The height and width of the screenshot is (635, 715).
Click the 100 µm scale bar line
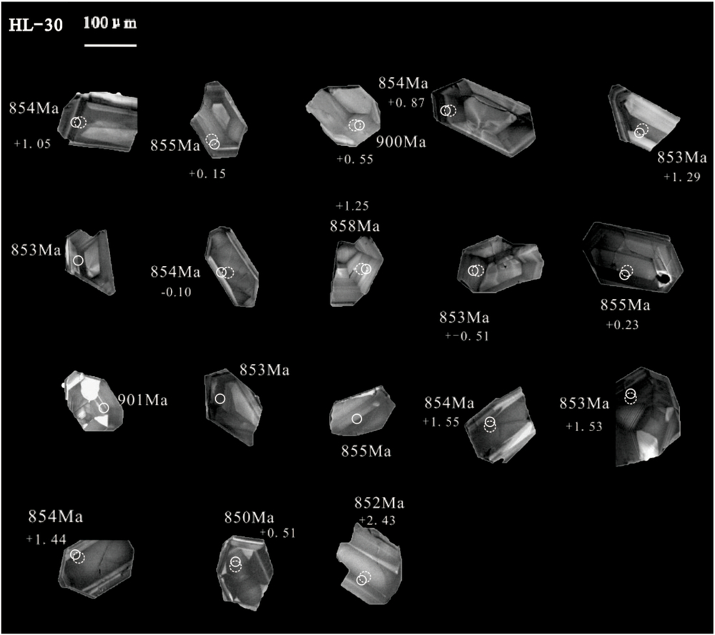pos(111,45)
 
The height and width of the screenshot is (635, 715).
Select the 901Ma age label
pos(142,399)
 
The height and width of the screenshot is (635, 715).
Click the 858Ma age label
pos(356,226)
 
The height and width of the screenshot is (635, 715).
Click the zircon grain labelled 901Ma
pos(93,400)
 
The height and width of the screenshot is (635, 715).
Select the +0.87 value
pos(408,103)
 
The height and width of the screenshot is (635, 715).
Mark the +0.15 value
pos(206,173)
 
